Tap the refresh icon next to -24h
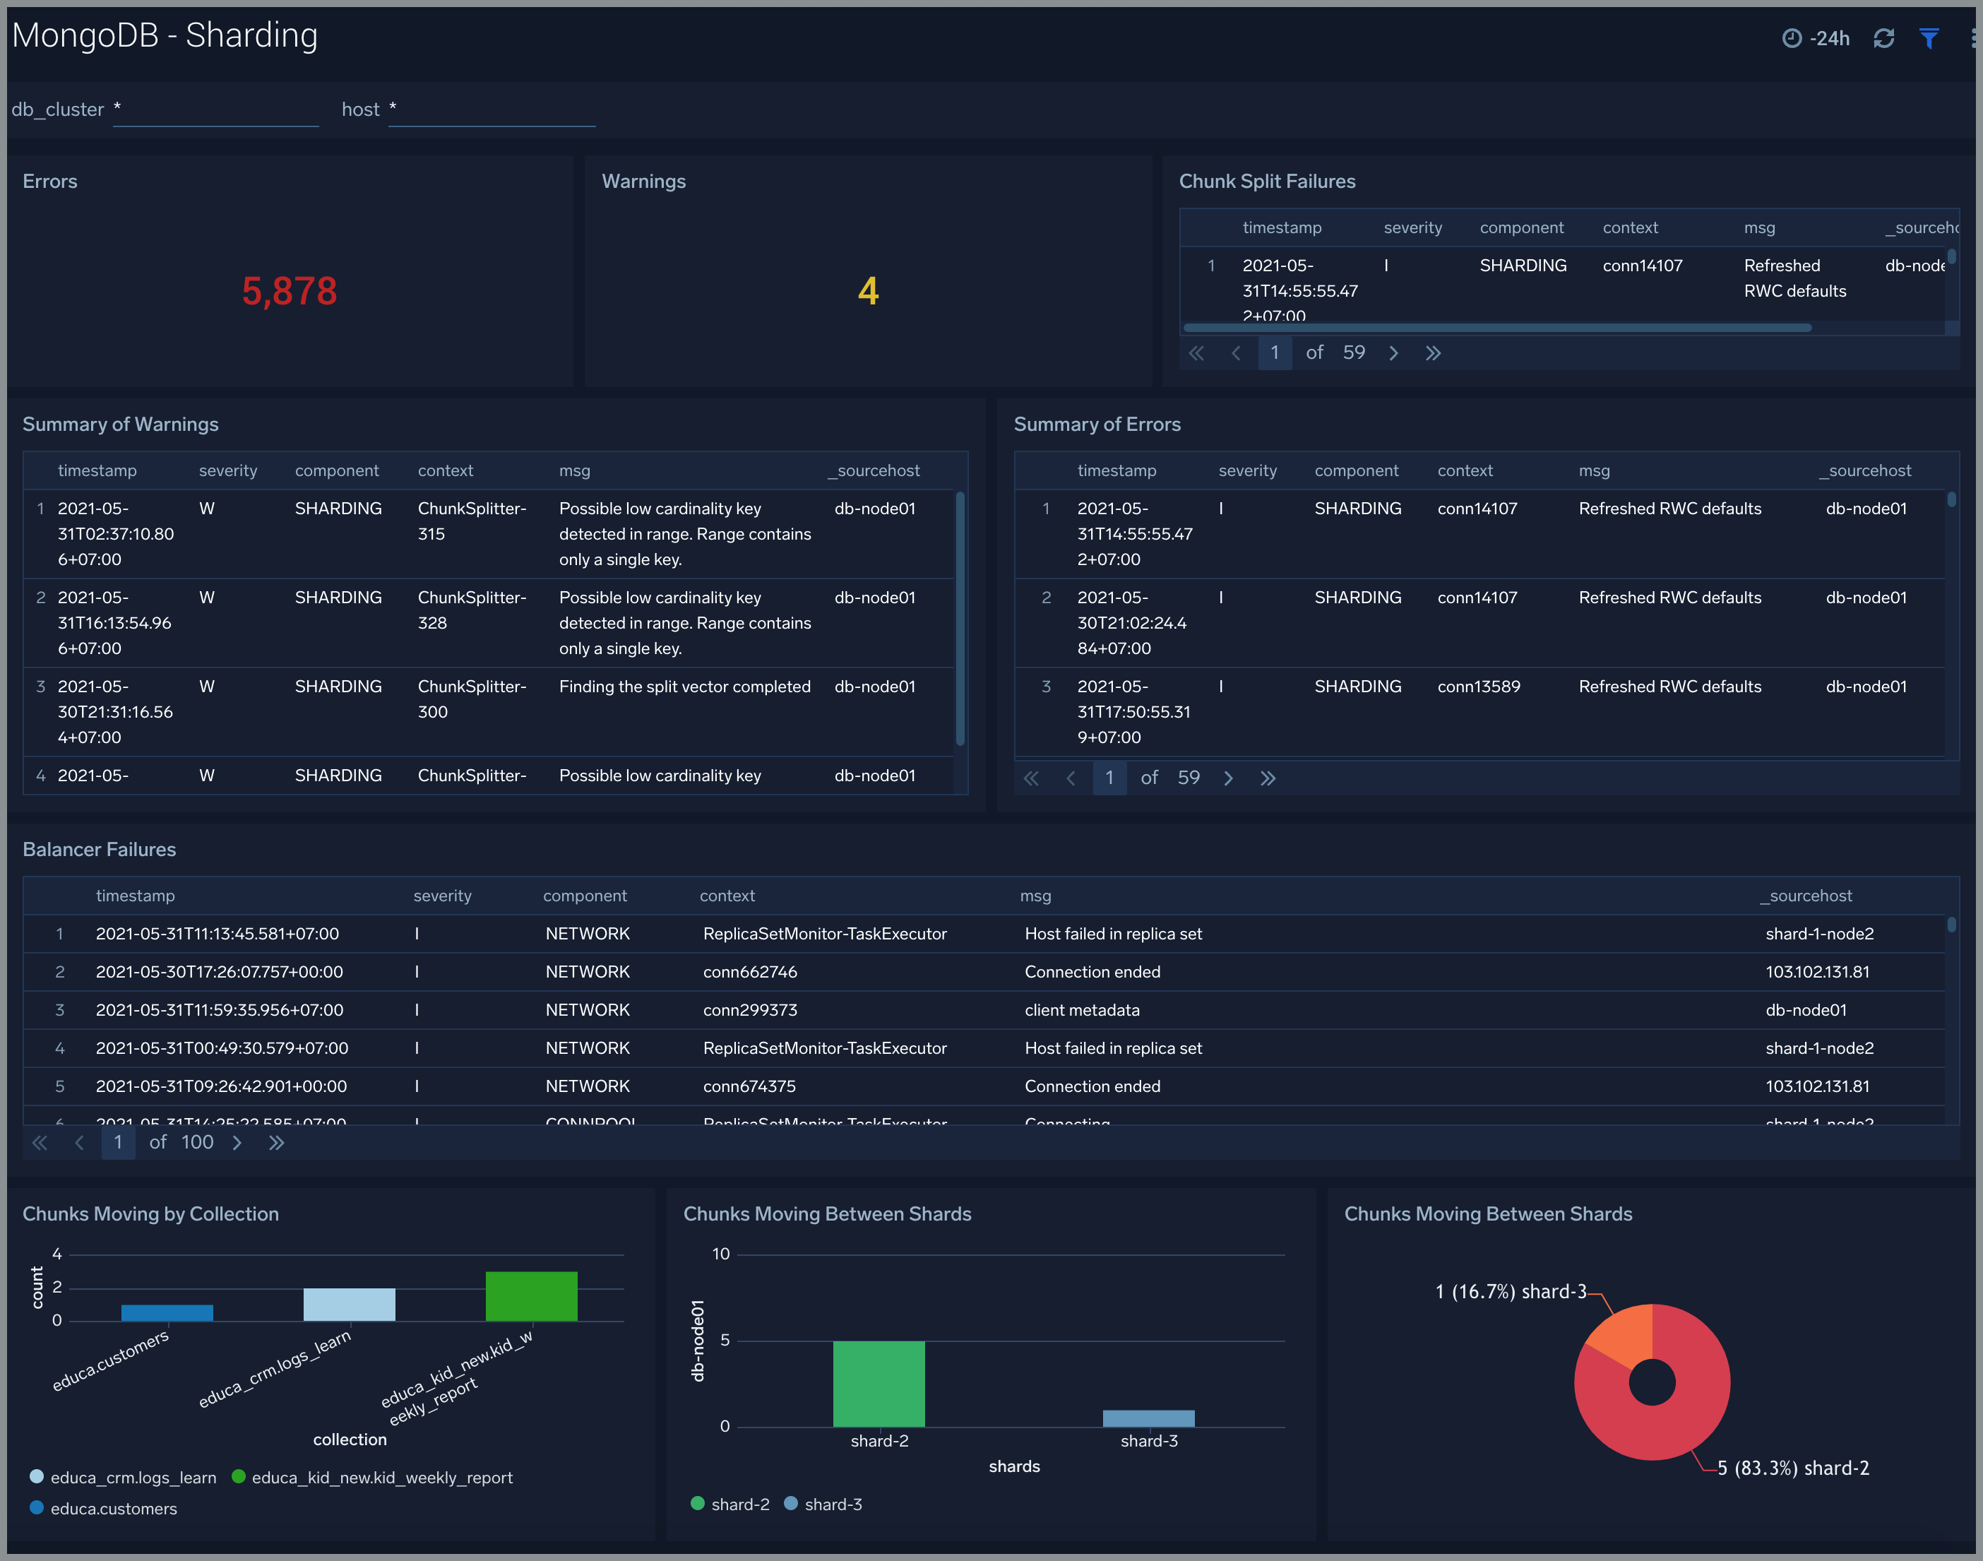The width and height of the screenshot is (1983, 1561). click(x=1883, y=38)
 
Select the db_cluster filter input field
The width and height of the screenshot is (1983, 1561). click(x=215, y=109)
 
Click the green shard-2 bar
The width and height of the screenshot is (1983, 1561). click(x=879, y=1383)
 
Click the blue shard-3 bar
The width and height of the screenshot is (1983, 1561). click(x=1148, y=1418)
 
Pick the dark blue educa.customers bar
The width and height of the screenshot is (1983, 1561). click(x=167, y=1312)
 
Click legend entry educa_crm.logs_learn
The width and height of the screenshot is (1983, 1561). click(x=133, y=1478)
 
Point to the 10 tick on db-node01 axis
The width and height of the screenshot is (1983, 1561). click(x=721, y=1254)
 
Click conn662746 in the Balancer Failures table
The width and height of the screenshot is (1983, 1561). click(x=749, y=971)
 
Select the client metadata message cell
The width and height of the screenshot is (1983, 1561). click(x=1081, y=1010)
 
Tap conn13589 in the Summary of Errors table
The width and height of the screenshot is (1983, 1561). click(x=1477, y=687)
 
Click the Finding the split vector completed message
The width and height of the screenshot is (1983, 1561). click(x=684, y=687)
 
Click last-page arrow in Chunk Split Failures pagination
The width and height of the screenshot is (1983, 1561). click(x=1432, y=352)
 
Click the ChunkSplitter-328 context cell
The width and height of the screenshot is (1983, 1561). click(x=472, y=610)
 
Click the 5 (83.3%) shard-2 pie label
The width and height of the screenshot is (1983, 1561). click(x=1792, y=1468)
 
